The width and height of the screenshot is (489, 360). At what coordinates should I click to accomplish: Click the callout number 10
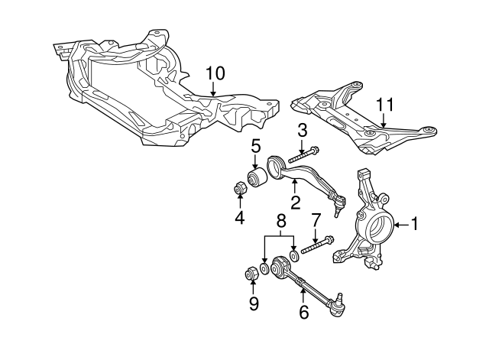[x=215, y=73]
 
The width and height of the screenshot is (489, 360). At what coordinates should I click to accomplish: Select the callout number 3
[x=302, y=129]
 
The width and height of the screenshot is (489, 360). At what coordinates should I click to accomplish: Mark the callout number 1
[x=415, y=225]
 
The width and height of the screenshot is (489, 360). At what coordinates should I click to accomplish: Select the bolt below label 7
[x=318, y=247]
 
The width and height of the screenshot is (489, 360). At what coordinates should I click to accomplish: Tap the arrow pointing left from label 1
[x=399, y=225]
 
